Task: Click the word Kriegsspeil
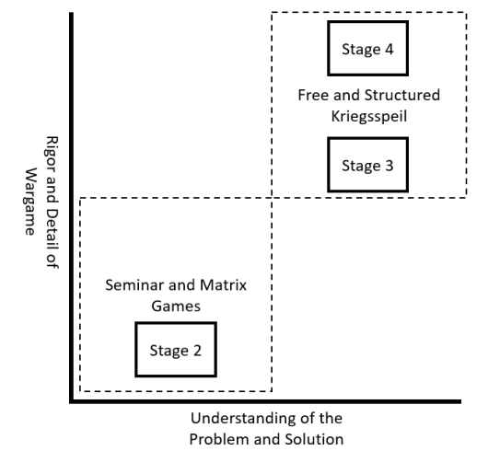(x=369, y=116)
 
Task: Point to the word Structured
(x=402, y=95)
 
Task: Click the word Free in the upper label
(x=313, y=95)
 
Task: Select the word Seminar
(x=134, y=285)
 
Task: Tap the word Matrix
(x=223, y=285)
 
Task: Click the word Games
(x=176, y=306)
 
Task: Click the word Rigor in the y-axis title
(x=52, y=155)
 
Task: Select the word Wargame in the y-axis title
(x=30, y=202)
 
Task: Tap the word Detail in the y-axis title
(x=52, y=227)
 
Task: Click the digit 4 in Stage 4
(x=389, y=49)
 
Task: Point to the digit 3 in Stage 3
(x=389, y=166)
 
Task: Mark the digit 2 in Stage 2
(x=197, y=351)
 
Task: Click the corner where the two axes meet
(x=72, y=401)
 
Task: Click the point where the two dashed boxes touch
(x=272, y=198)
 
